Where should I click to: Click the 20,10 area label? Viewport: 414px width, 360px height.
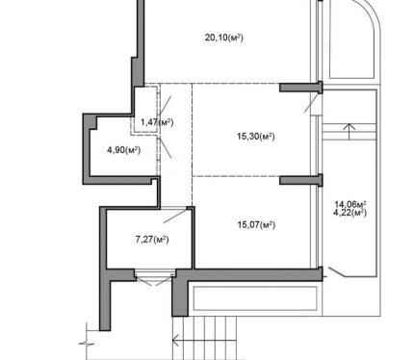[223, 38]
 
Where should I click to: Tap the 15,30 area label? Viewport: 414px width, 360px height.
[256, 137]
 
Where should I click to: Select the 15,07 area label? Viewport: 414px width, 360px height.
[256, 225]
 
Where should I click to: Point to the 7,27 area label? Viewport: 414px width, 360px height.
[152, 240]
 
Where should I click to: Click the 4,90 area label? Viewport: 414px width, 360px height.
[123, 150]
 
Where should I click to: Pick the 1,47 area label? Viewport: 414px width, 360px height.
[157, 122]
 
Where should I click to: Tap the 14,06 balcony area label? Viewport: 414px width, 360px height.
[350, 204]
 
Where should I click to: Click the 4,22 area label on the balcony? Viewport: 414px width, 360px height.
[350, 213]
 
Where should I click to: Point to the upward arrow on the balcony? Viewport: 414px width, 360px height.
[349, 132]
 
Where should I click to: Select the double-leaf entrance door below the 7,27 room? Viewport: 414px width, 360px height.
[155, 278]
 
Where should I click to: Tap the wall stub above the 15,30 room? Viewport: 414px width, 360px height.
[300, 88]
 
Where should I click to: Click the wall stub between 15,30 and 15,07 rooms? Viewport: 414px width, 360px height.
[300, 180]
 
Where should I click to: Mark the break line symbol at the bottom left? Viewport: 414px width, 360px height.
[87, 344]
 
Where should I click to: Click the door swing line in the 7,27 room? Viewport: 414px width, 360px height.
[175, 216]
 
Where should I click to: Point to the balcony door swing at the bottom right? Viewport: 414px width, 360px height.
[337, 272]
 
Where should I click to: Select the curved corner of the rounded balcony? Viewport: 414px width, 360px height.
[369, 13]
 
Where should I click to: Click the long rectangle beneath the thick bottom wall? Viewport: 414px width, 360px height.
[255, 298]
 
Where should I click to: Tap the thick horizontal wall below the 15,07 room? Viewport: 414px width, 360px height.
[248, 275]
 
